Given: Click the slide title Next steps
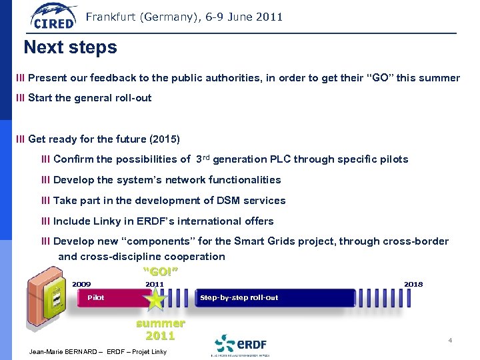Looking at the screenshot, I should (x=70, y=47).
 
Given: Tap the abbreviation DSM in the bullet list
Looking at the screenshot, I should (x=222, y=201).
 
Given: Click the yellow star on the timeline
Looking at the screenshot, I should (x=156, y=299).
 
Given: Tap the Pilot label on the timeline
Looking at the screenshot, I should (x=96, y=297).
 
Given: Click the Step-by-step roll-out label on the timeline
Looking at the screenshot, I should (x=239, y=297).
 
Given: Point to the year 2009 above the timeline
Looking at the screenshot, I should (x=81, y=284).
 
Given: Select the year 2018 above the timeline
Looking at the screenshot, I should (x=413, y=284).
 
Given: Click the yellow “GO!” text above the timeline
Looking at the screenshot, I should (x=161, y=271).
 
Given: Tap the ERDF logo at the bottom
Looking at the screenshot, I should (x=241, y=344).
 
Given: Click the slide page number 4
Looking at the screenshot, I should (x=450, y=341).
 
